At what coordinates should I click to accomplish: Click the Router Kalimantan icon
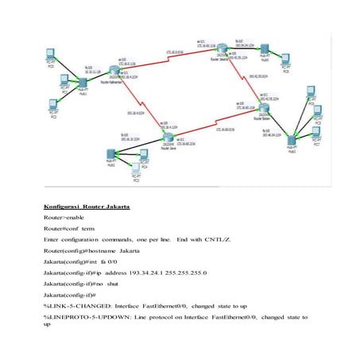[121, 83]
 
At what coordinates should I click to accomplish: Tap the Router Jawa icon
[168, 139]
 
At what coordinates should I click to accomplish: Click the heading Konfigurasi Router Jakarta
[87, 207]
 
